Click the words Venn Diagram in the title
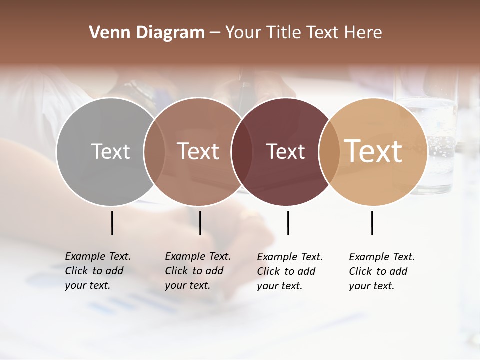[147, 33]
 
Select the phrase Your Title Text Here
[303, 33]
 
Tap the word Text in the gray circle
[110, 151]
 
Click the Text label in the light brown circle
[198, 151]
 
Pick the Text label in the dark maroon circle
[285, 151]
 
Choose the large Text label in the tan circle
[373, 151]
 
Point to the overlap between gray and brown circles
[154, 152]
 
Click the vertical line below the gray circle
[112, 223]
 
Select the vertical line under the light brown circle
[200, 223]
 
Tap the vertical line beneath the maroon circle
[288, 223]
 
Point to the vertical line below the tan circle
[372, 223]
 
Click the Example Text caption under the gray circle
[98, 271]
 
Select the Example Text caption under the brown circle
[198, 271]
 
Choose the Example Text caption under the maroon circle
[290, 271]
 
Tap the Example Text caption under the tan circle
[382, 271]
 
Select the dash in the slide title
[215, 33]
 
